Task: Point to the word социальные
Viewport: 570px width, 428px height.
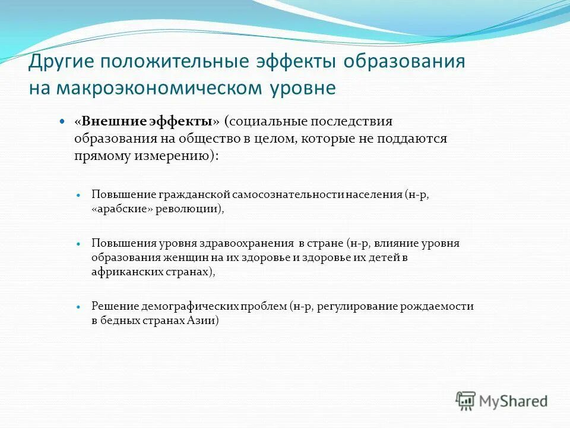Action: (x=270, y=121)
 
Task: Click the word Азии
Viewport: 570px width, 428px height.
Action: (x=205, y=321)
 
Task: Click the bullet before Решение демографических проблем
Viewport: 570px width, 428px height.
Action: (x=78, y=307)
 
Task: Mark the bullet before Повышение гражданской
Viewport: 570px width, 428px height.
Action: (x=78, y=195)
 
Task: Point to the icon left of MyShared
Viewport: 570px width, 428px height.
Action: (x=465, y=401)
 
